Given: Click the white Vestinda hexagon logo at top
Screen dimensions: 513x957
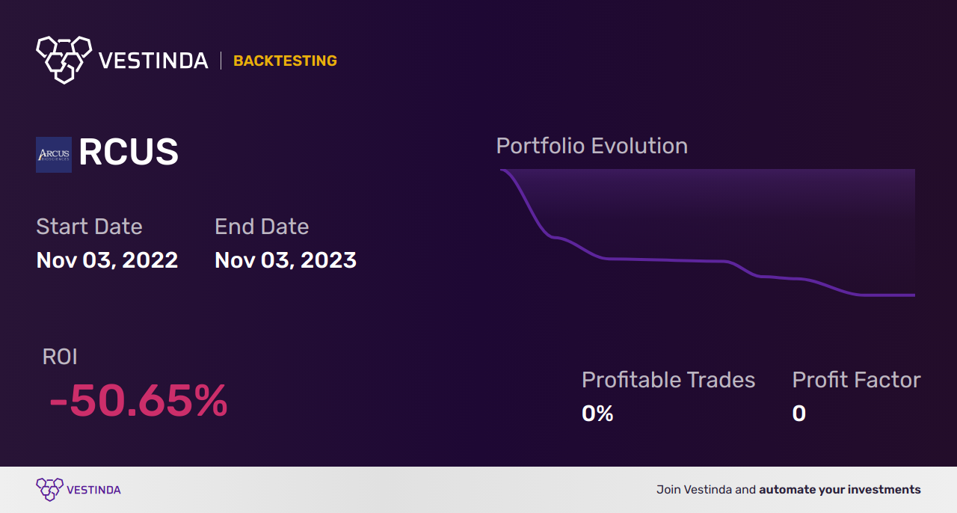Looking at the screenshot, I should coord(64,59).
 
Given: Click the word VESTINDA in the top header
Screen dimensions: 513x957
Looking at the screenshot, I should coord(153,61).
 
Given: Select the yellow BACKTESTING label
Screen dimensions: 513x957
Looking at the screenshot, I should coord(285,61).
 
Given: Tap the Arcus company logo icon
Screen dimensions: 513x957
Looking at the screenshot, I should coord(54,154).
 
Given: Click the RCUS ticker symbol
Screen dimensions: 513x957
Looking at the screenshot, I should coord(129,153).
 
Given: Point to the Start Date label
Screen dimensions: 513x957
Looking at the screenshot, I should coord(89,226).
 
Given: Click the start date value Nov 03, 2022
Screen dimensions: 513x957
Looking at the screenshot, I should coord(107,259).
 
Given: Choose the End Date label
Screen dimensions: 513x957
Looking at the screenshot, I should coord(262,226).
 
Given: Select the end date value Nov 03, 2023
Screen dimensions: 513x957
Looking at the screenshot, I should coord(285,259).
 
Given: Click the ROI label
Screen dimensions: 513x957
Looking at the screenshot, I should coord(60,357).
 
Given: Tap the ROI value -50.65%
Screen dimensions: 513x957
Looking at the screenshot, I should coord(138,401).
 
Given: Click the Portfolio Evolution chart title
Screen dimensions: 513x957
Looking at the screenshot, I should coord(591,146).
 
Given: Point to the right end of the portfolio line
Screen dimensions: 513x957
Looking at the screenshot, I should coord(914,295).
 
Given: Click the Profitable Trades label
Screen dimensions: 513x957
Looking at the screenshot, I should coord(668,380).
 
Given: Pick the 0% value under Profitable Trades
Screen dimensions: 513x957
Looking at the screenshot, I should coord(597,413).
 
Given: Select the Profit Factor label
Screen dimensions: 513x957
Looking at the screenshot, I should coord(856,380).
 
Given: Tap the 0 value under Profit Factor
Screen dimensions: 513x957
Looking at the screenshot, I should coord(798,413).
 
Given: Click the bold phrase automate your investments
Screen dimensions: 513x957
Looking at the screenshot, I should coord(840,490).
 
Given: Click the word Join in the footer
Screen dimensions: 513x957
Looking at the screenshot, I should coord(668,490).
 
